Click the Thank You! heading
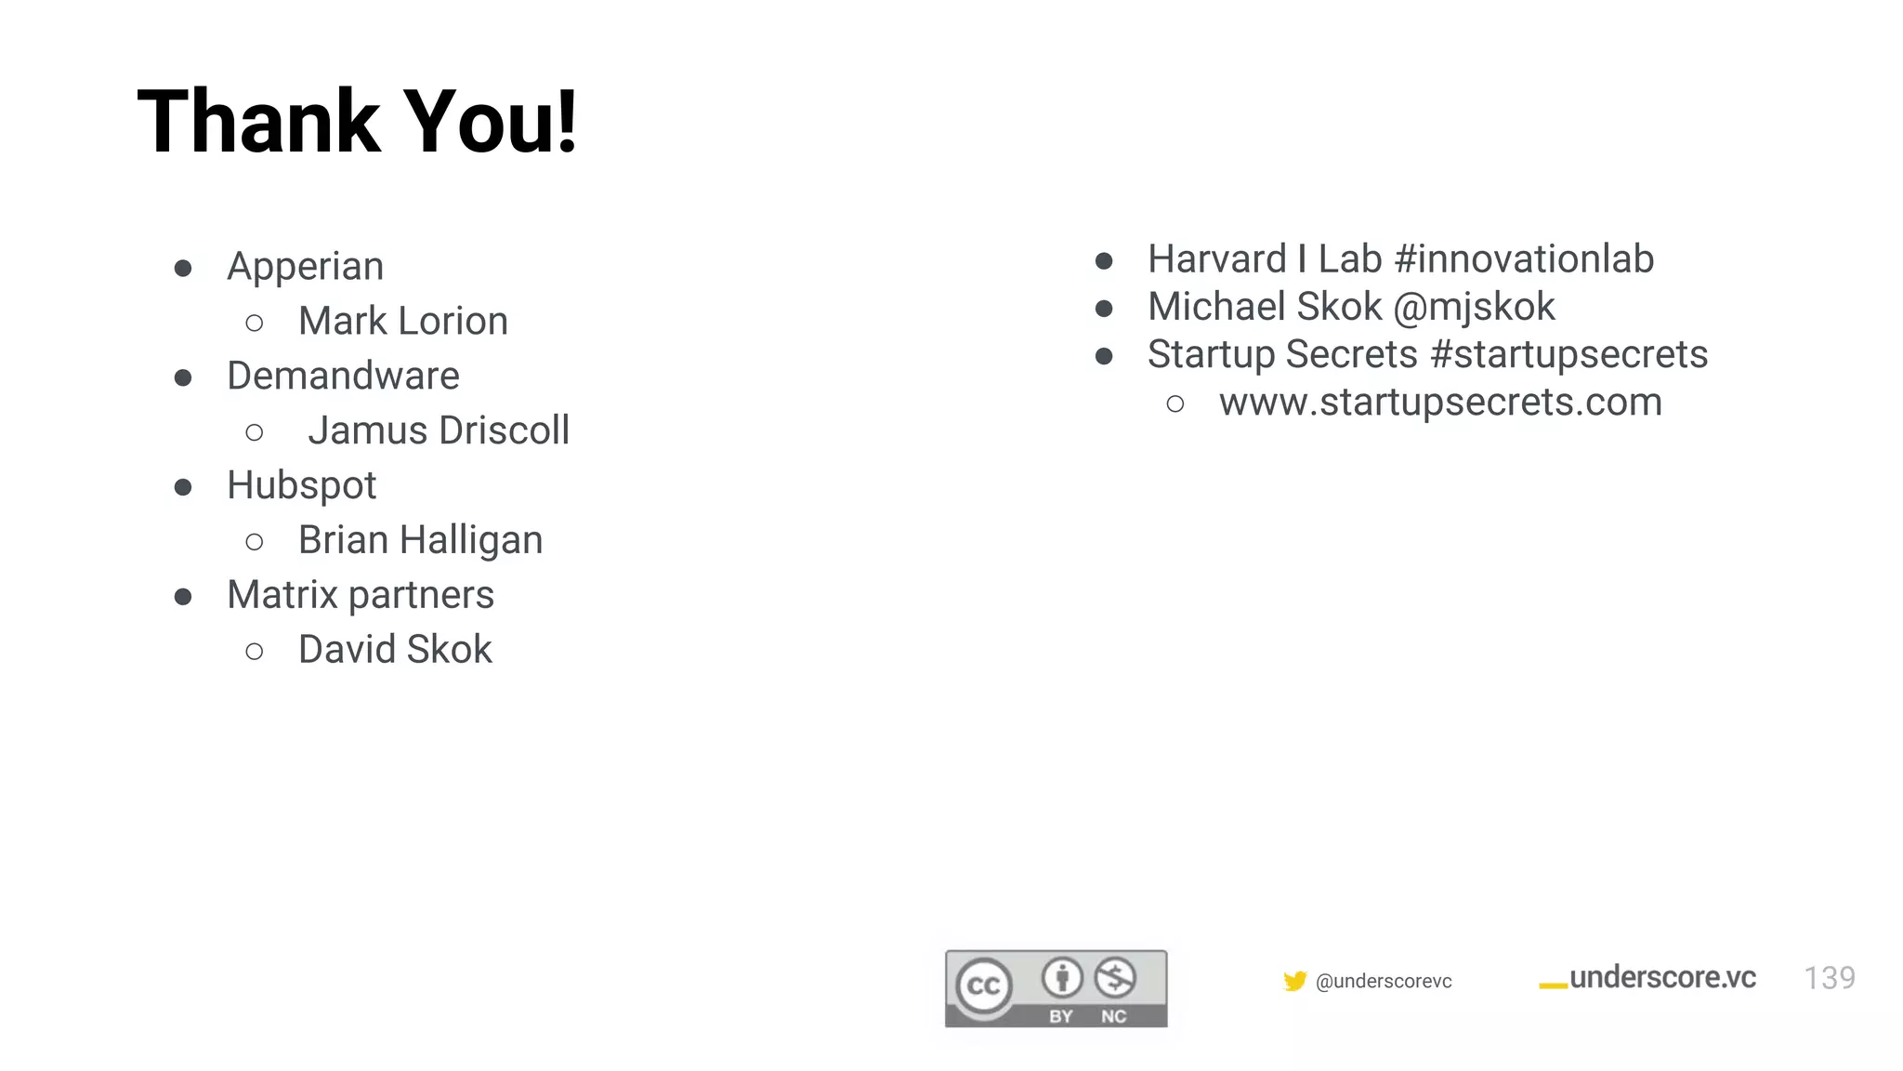358,122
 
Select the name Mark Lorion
402,322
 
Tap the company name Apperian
305,267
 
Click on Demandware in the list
343,377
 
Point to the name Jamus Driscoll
439,431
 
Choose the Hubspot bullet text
301,485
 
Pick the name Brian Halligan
420,540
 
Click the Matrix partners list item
361,595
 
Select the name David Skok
395,650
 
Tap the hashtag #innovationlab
1524,259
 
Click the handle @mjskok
1474,307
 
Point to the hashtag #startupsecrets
1569,354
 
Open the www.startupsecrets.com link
1440,403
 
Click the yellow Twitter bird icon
1294,981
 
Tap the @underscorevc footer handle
1384,982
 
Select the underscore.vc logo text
1661,978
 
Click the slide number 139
1829,978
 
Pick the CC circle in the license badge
984,985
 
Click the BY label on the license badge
1061,1016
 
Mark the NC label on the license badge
1113,1016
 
